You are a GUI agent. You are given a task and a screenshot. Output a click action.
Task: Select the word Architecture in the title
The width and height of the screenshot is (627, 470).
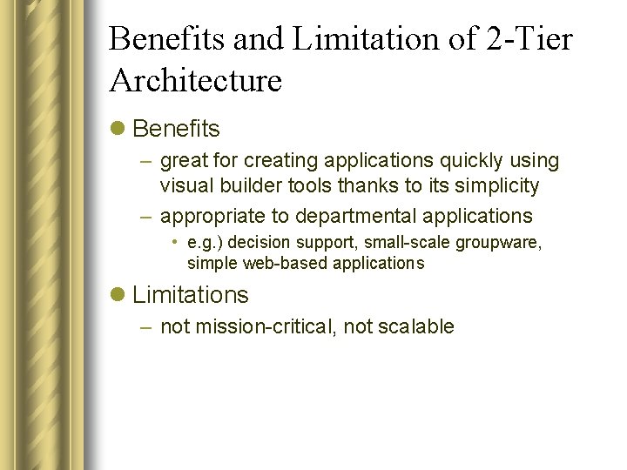pos(196,81)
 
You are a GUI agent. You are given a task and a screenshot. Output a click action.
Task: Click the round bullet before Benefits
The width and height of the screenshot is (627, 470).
pos(118,130)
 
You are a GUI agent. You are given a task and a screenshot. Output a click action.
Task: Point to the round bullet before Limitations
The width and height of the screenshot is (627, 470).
pos(118,296)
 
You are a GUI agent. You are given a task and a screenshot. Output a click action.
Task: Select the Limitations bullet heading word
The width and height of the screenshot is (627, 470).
pos(191,295)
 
